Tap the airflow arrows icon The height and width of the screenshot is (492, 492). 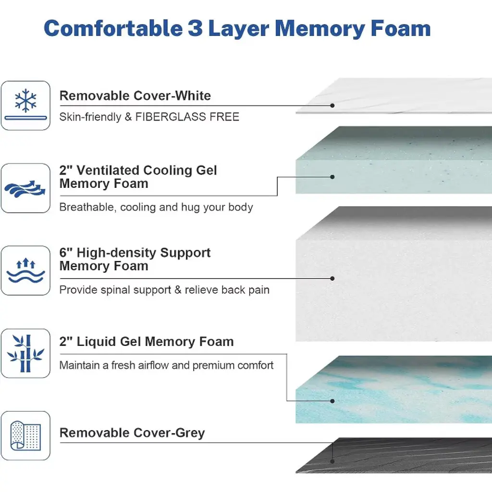25,188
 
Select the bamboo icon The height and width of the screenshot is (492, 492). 25,353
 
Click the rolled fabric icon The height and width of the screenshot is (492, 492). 25,436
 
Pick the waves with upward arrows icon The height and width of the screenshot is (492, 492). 25,271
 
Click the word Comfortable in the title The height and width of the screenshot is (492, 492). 113,28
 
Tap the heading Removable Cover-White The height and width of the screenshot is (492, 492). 135,96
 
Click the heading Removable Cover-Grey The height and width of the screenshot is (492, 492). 132,433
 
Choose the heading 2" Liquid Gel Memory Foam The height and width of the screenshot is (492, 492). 147,342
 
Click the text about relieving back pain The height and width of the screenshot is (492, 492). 164,290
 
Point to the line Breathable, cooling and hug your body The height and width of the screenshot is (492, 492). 156,207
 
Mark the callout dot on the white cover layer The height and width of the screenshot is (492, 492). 332,105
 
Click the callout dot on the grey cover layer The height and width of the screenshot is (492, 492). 332,460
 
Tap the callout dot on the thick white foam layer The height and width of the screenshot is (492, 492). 332,278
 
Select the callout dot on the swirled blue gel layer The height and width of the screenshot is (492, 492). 332,401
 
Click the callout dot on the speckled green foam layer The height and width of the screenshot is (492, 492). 332,177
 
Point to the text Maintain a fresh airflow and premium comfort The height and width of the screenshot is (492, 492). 166,365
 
